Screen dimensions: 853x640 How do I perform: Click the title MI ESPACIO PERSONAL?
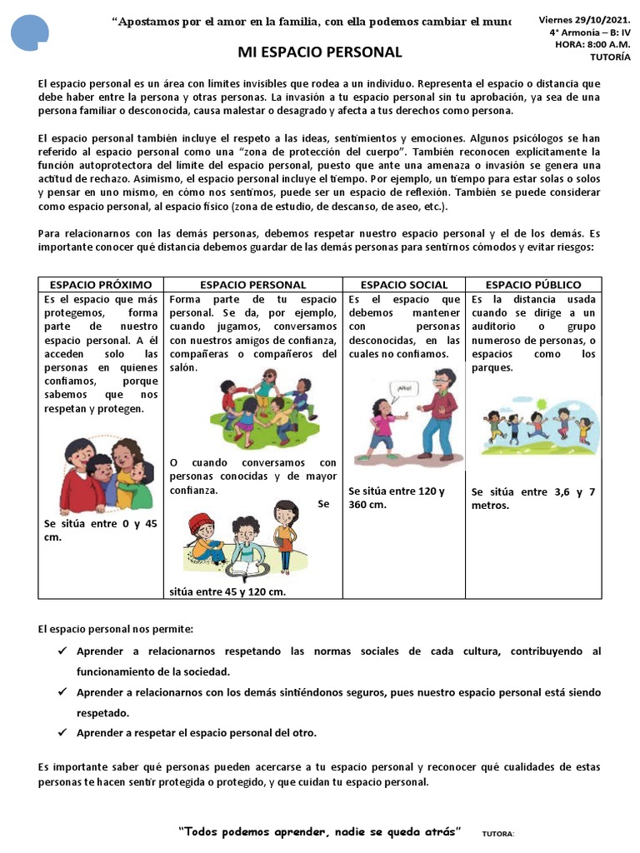coord(320,52)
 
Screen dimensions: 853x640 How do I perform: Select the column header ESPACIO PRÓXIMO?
coord(100,285)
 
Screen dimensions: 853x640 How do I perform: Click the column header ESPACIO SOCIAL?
coord(404,285)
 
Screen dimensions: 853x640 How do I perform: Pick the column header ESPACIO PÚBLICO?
coord(533,285)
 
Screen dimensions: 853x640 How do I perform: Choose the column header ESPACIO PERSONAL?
coord(253,285)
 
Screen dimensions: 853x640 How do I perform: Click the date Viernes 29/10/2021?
coord(584,19)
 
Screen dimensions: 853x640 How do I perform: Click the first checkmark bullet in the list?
coord(63,651)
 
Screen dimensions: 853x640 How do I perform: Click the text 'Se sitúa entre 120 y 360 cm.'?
coord(397,498)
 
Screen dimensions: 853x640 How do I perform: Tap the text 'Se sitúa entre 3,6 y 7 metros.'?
coord(533,498)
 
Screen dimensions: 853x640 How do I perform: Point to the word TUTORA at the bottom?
coord(499,834)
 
